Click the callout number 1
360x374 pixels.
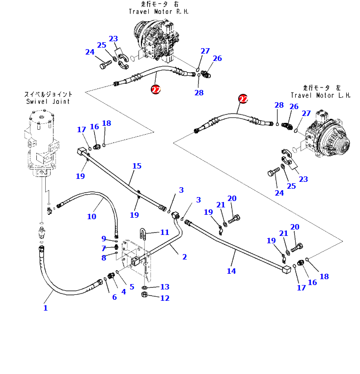[x=46, y=308]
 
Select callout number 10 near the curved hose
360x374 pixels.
[x=92, y=216]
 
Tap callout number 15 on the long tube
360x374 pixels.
[x=137, y=166]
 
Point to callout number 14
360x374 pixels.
[x=231, y=271]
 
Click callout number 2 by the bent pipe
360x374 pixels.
[x=185, y=257]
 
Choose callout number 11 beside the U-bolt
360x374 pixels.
[x=165, y=232]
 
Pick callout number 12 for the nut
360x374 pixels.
[x=165, y=298]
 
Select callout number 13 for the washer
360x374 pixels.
[x=165, y=287]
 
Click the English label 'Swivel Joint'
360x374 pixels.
[x=48, y=102]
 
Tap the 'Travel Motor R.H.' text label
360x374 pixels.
[x=158, y=11]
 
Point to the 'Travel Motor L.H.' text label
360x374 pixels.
[x=320, y=95]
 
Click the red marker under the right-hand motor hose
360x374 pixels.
[x=156, y=89]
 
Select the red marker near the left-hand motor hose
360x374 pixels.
[x=243, y=99]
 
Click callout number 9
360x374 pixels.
[x=104, y=239]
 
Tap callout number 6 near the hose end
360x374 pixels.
[x=114, y=297]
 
